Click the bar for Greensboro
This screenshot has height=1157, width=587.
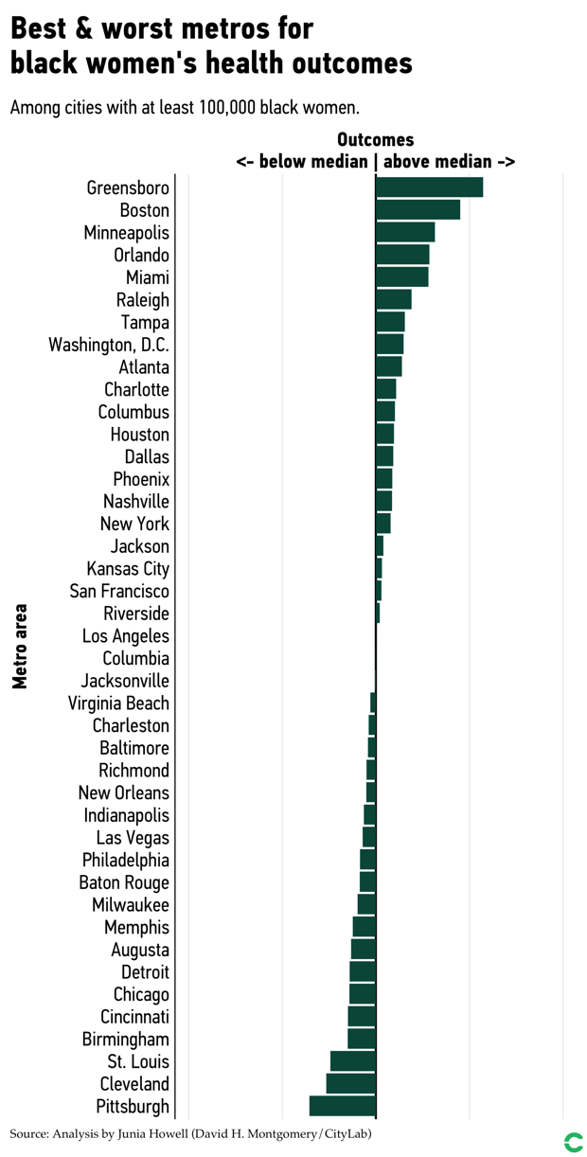[x=429, y=187]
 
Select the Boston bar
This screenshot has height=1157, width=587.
[x=418, y=210]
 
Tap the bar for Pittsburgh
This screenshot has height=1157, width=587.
[x=343, y=1107]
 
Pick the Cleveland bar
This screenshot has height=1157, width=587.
[x=351, y=1084]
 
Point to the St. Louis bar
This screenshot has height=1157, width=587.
[x=353, y=1061]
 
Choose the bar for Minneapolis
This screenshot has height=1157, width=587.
[x=405, y=232]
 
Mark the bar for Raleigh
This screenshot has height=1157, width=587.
[x=394, y=300]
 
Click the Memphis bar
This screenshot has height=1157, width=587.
[x=365, y=927]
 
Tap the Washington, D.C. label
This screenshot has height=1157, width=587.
[x=109, y=345]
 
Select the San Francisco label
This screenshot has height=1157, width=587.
[x=119, y=592]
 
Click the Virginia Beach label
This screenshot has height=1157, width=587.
[x=118, y=703]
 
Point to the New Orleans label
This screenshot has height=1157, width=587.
[x=123, y=793]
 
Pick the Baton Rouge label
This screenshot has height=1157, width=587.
[x=124, y=883]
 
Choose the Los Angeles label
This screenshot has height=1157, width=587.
[x=125, y=636]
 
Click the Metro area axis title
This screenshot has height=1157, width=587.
[x=20, y=647]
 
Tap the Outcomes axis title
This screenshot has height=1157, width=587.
[x=375, y=140]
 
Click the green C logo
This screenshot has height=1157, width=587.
[x=573, y=1142]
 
